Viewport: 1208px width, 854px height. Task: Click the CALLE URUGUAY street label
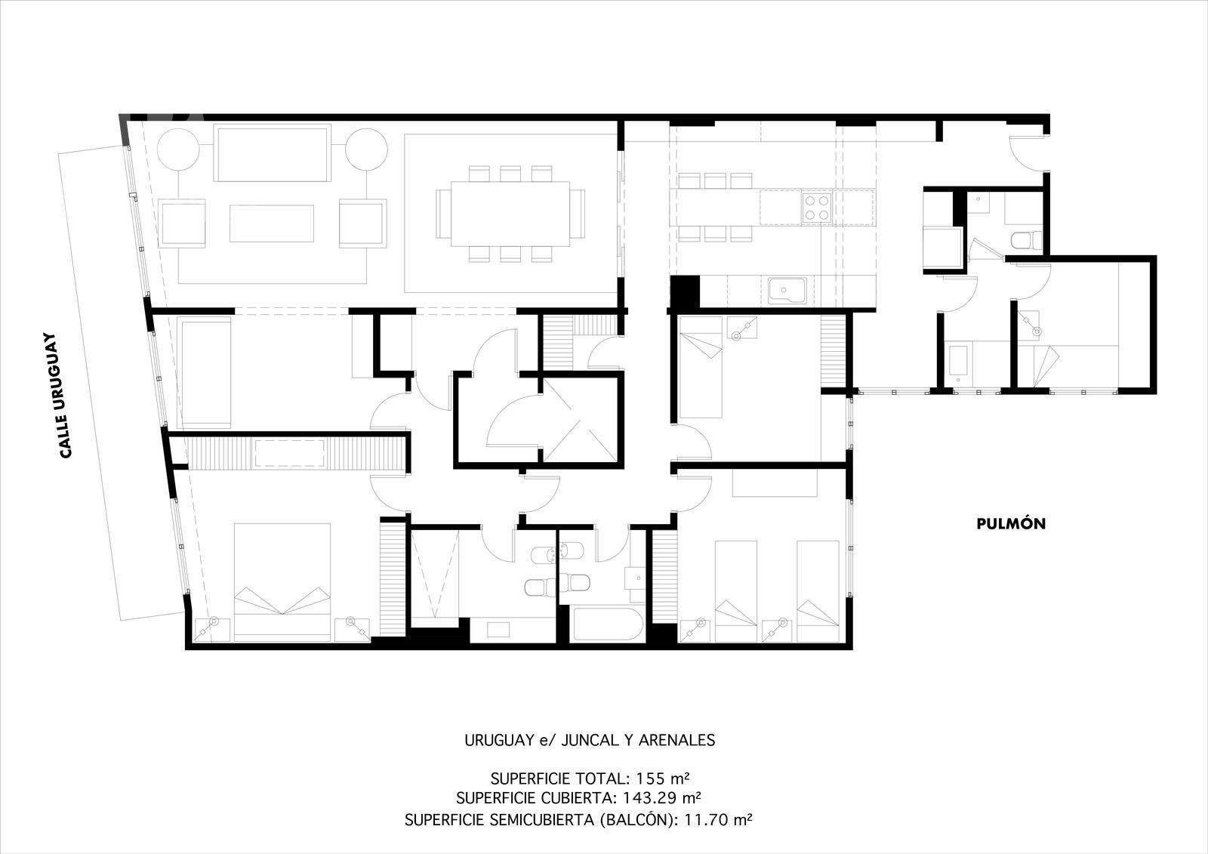pos(65,396)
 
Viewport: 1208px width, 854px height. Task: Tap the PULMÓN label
pos(1011,523)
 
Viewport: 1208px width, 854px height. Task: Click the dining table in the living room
pos(510,214)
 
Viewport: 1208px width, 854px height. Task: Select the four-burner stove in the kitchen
pos(816,208)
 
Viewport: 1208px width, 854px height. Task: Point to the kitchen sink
pos(787,291)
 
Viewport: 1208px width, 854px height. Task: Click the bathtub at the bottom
pos(607,624)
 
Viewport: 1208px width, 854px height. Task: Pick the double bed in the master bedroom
pos(282,582)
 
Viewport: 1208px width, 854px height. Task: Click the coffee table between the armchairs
pos(272,224)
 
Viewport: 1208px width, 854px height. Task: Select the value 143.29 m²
pos(661,797)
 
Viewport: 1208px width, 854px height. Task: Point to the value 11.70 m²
pos(718,820)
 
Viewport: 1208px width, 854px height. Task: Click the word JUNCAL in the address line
pos(590,740)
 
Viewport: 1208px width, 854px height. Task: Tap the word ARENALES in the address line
pos(676,740)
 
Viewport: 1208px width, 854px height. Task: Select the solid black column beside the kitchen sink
pos(685,292)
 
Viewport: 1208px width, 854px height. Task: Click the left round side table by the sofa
pos(178,150)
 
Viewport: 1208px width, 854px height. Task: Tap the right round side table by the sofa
pos(366,150)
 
